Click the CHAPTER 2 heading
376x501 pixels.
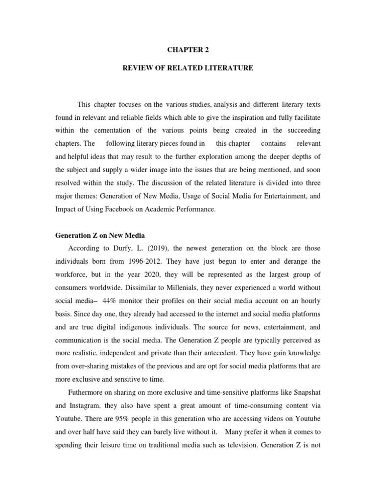[188, 49]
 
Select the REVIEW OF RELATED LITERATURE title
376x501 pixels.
[188, 68]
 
